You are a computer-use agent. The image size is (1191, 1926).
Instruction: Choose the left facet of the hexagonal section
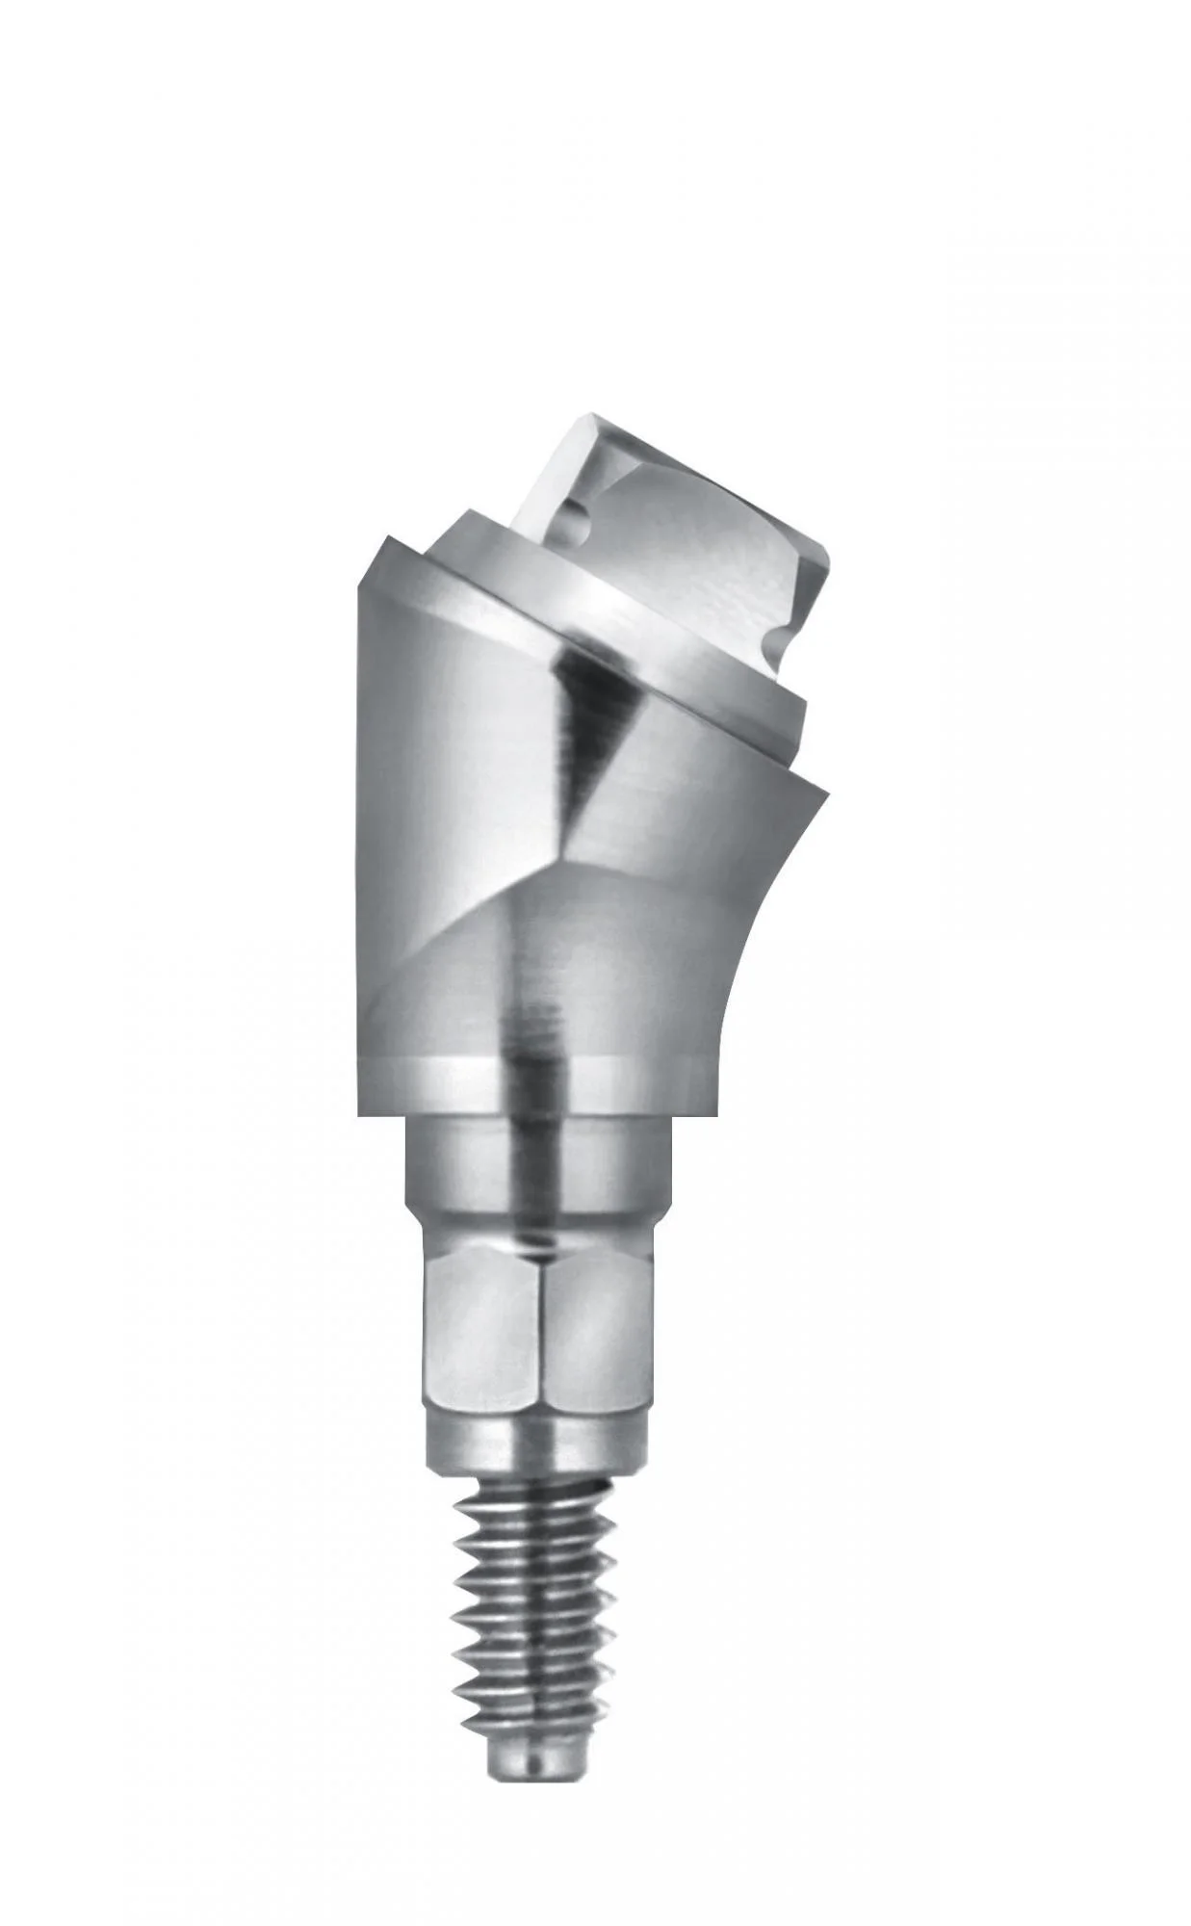tap(481, 1329)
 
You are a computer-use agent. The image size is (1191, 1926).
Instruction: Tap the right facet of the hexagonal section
tap(597, 1329)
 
